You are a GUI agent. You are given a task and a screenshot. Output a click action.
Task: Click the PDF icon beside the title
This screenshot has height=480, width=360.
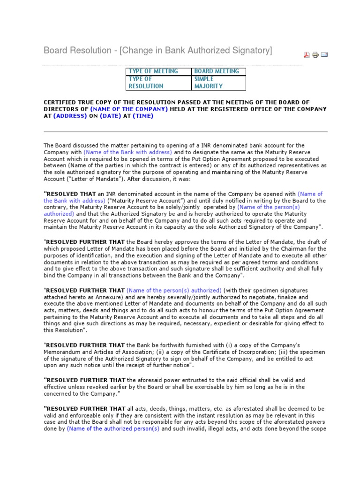coord(307,55)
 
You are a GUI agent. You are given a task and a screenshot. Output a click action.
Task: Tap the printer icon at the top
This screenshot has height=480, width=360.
coord(315,55)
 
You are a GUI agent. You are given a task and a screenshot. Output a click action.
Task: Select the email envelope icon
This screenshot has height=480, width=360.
coord(324,55)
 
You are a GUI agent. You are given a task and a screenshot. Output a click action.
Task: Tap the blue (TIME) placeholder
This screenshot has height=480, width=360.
coord(143,116)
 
